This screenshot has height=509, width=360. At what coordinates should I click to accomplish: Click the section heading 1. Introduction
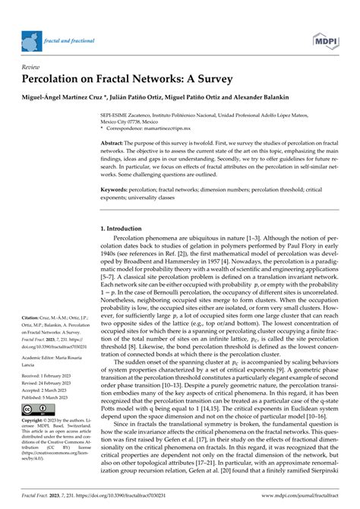(124, 228)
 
